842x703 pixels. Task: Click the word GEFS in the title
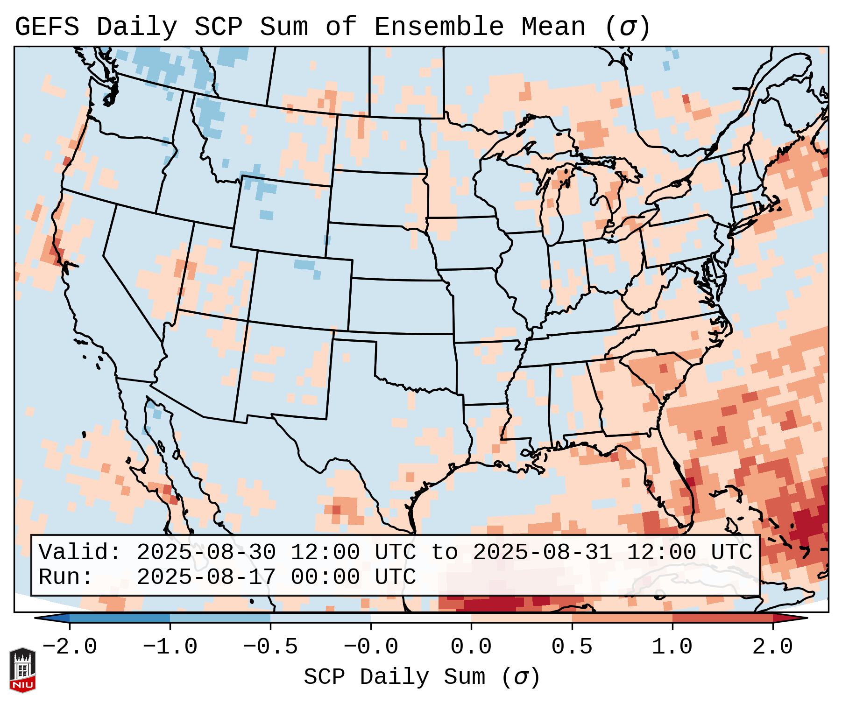[x=47, y=27]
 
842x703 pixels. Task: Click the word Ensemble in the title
[x=439, y=27]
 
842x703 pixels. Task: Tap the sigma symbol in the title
[x=627, y=27]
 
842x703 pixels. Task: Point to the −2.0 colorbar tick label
[x=70, y=647]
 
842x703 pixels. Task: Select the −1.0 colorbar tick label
[x=170, y=647]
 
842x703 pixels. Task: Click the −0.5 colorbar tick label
[x=270, y=647]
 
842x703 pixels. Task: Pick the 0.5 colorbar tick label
[x=572, y=647]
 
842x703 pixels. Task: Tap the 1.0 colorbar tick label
[x=672, y=647]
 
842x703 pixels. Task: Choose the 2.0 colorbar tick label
[x=772, y=647]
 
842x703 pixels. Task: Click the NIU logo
[x=22, y=669]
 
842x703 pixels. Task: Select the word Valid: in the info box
[x=80, y=553]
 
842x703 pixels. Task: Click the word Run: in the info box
[x=66, y=577]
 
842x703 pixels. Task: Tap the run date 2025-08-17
[x=206, y=577]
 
